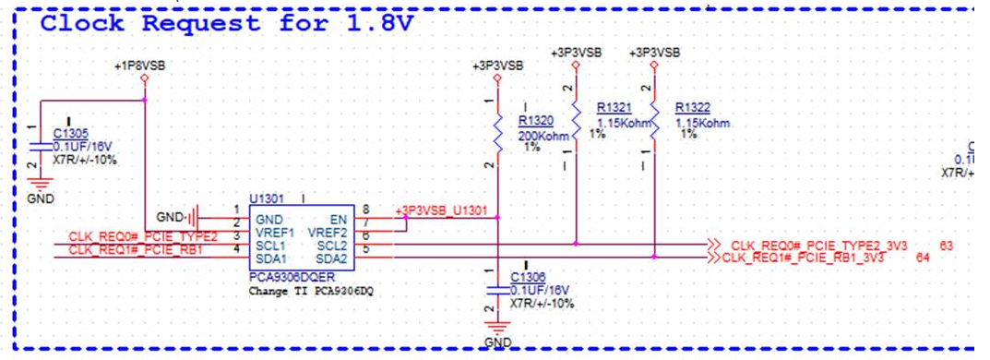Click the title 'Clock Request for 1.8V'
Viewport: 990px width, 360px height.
(226, 25)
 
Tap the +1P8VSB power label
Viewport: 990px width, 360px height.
(140, 66)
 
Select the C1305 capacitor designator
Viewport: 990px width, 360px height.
(71, 134)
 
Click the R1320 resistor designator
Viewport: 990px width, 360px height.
(536, 120)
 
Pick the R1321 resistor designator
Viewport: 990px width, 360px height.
(614, 107)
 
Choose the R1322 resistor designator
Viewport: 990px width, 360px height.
(693, 107)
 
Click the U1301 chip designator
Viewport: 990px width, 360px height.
(267, 197)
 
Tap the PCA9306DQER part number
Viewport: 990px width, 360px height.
(292, 276)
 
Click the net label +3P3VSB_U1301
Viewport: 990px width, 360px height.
(441, 210)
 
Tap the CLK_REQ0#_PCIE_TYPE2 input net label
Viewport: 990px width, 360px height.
(143, 237)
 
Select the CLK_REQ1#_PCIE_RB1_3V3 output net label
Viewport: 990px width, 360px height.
(803, 258)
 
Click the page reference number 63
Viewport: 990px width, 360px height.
(946, 246)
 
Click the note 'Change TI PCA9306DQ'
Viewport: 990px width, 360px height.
(305, 291)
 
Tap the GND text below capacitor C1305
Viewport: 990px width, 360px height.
(41, 198)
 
